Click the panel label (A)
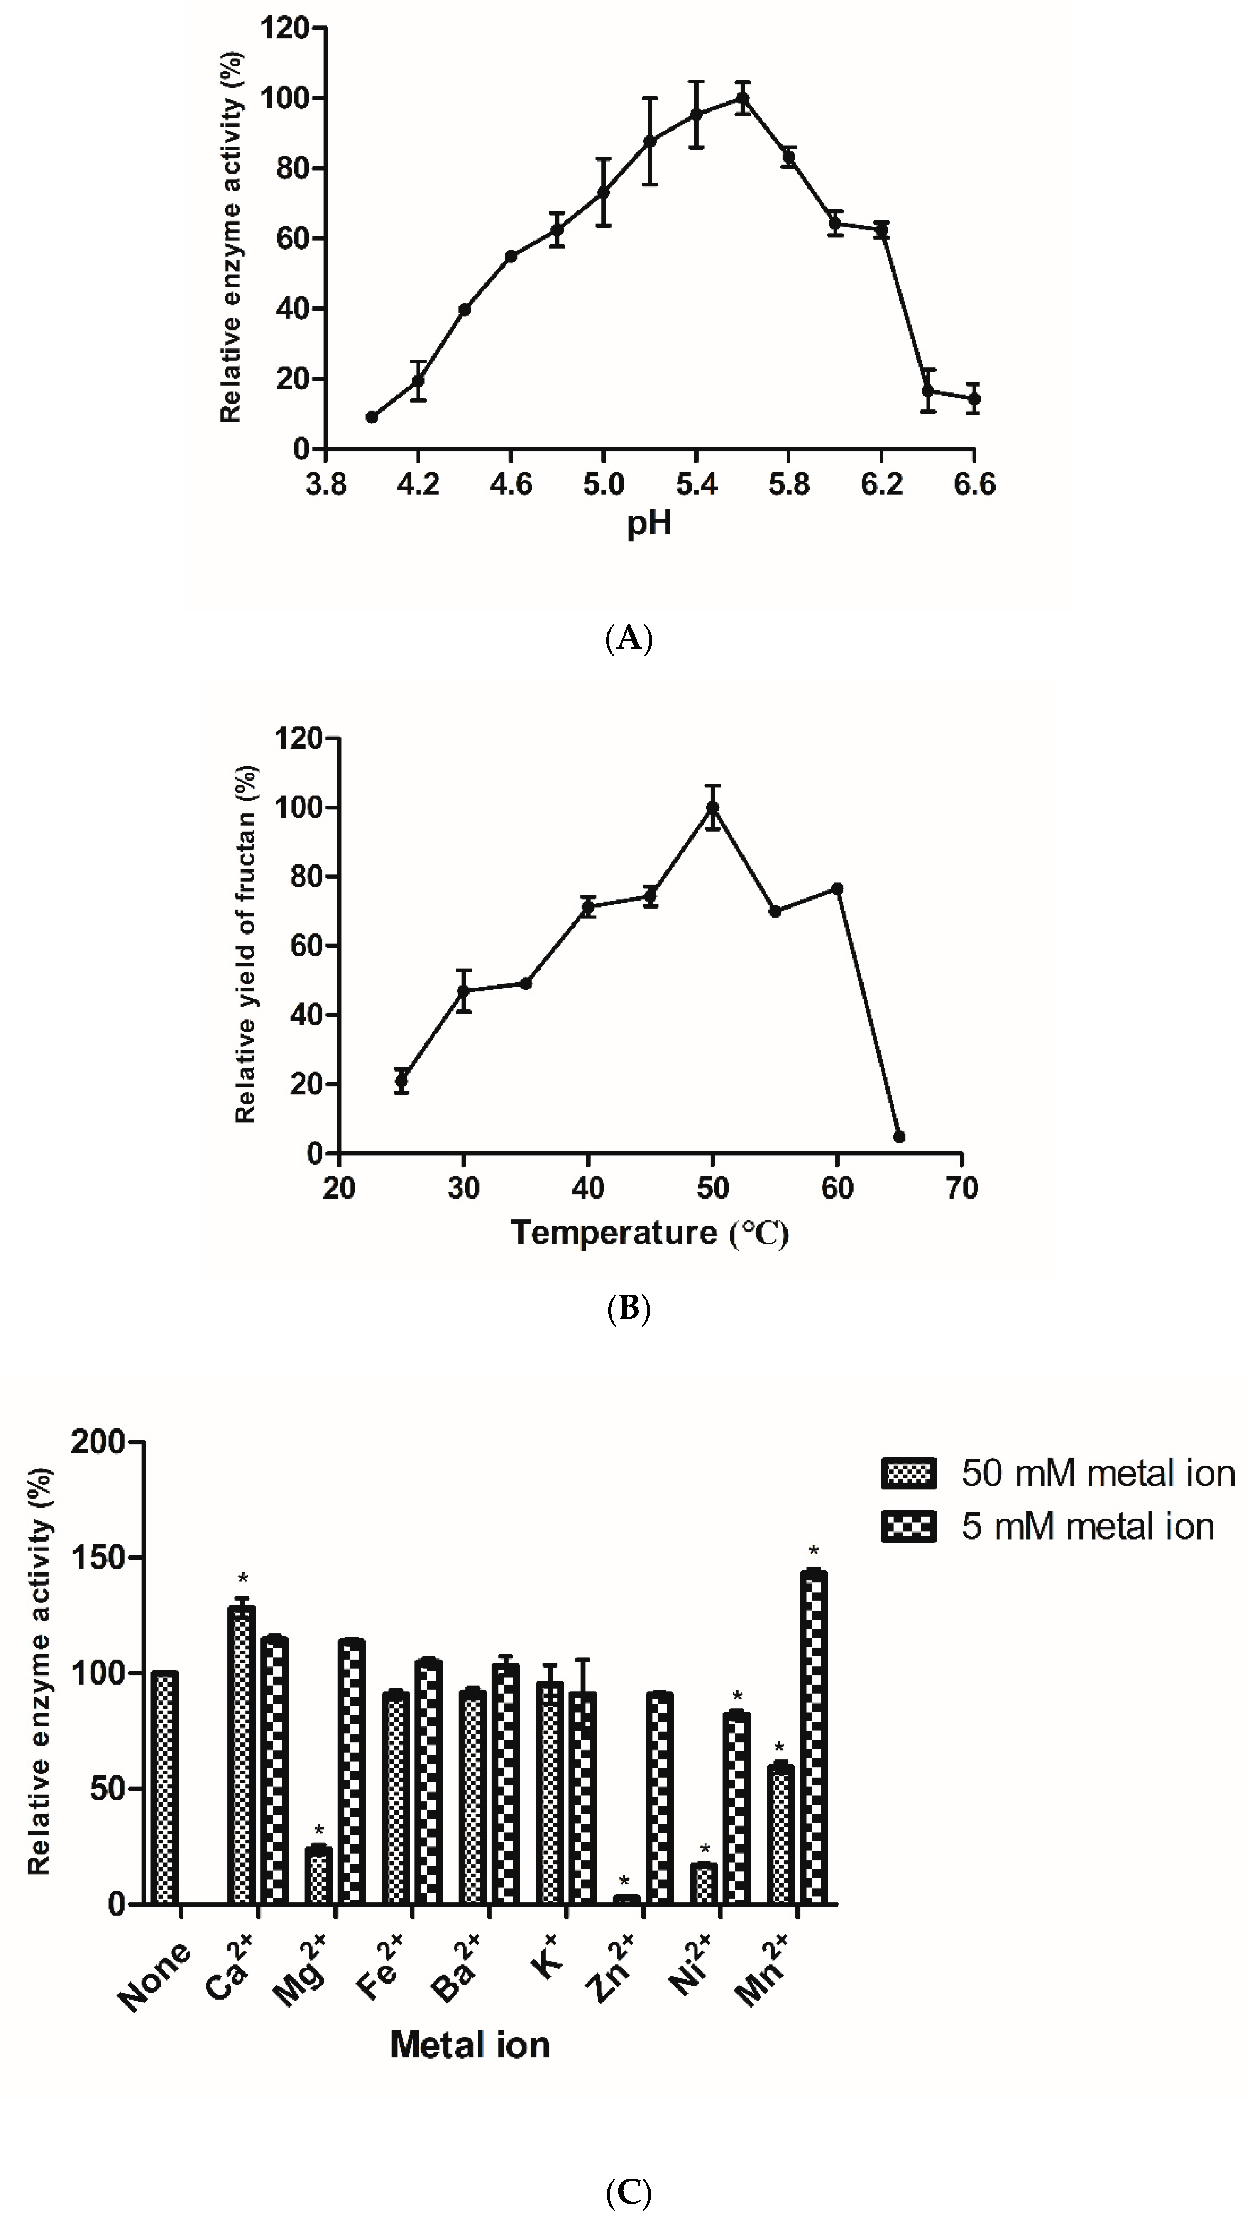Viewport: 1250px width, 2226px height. (x=628, y=639)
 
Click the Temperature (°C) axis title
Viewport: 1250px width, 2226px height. (x=650, y=1232)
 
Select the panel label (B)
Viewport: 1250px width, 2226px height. (x=628, y=1309)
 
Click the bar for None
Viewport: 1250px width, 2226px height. (x=164, y=1789)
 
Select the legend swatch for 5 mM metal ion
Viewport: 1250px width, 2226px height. (x=908, y=1527)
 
